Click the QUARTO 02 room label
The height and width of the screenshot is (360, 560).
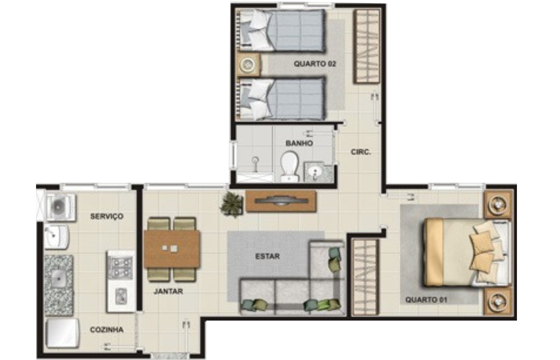pyautogui.click(x=315, y=64)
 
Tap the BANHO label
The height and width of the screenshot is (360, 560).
pyautogui.click(x=299, y=143)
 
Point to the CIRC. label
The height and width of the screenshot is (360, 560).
pyautogui.click(x=360, y=152)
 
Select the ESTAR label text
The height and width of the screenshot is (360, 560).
pyautogui.click(x=267, y=256)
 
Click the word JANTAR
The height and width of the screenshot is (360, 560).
pyautogui.click(x=168, y=291)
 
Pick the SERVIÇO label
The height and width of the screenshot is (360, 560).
pyautogui.click(x=107, y=216)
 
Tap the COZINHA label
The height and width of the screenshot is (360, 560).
pyautogui.click(x=107, y=330)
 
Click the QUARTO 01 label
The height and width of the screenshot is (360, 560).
pyautogui.click(x=426, y=299)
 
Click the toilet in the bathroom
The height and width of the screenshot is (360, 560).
pyautogui.click(x=289, y=166)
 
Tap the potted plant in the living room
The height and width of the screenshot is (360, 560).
pyautogui.click(x=232, y=205)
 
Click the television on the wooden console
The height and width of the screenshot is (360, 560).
pyautogui.click(x=281, y=201)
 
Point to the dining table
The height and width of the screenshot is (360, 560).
pyautogui.click(x=171, y=249)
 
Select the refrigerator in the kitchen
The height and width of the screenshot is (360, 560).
pyautogui.click(x=62, y=333)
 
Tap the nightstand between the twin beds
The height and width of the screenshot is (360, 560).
pyautogui.click(x=248, y=65)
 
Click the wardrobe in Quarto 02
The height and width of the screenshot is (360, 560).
pyautogui.click(x=367, y=46)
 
